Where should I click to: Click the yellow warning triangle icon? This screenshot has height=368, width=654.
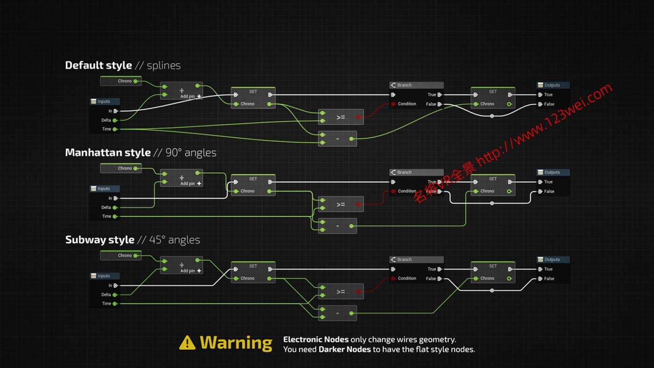click(x=187, y=343)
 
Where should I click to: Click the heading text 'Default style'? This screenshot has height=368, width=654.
click(x=99, y=65)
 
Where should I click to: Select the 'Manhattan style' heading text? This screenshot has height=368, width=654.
click(x=108, y=153)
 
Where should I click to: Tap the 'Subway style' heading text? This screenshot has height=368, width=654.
click(x=100, y=240)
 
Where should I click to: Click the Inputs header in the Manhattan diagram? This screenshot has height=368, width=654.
click(x=104, y=189)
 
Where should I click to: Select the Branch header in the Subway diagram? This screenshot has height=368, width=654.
click(x=405, y=260)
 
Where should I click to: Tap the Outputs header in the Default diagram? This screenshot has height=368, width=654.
click(x=552, y=85)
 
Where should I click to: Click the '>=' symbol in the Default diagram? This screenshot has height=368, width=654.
click(x=341, y=117)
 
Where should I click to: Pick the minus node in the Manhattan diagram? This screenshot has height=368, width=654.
click(x=337, y=226)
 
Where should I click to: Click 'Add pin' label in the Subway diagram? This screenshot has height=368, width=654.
click(x=187, y=271)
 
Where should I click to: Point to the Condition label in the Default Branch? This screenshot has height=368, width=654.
click(x=407, y=104)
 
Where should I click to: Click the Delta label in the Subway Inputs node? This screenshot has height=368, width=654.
click(x=107, y=295)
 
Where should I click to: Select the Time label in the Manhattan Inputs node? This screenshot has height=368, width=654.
click(x=107, y=216)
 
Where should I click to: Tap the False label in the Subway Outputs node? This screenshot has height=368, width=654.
click(x=549, y=279)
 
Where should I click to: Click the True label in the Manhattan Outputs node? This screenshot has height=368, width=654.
click(x=548, y=182)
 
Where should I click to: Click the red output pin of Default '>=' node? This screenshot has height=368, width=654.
click(x=358, y=117)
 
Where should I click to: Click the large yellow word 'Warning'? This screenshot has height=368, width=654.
click(x=236, y=343)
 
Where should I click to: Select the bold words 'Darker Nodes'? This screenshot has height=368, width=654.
click(x=345, y=349)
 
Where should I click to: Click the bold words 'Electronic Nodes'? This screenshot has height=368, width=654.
click(x=316, y=340)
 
